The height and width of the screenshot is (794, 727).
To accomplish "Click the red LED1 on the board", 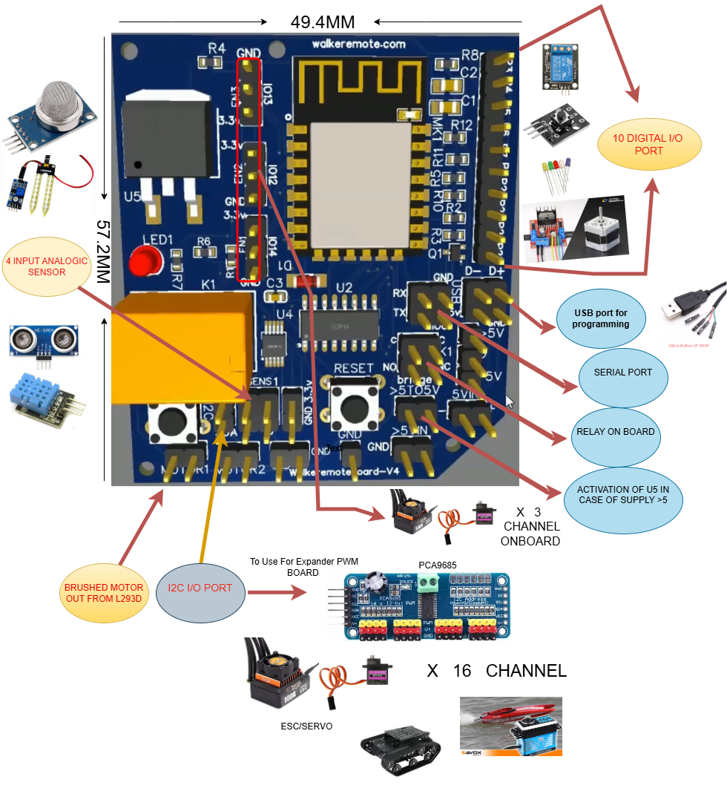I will (x=142, y=262).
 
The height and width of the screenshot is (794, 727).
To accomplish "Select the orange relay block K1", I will (x=178, y=346).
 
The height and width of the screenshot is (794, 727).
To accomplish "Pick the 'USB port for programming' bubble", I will (x=601, y=318).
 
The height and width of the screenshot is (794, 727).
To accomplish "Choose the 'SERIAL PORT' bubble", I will (x=623, y=373).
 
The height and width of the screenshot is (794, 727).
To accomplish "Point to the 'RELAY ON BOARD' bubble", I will (x=615, y=432).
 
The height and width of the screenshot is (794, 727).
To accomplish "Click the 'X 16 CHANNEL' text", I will (x=496, y=671).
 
